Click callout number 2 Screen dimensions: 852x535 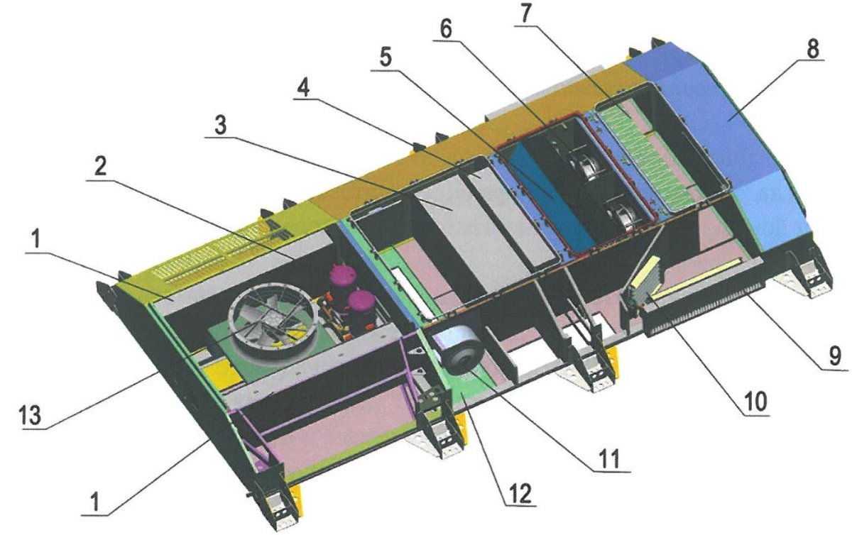[x=100, y=167]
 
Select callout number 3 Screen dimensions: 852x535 [x=221, y=125]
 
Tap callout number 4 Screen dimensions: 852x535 [x=302, y=87]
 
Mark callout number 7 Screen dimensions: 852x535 [x=526, y=13]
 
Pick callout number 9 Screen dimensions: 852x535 [x=834, y=357]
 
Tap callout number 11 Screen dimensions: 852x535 [x=611, y=459]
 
